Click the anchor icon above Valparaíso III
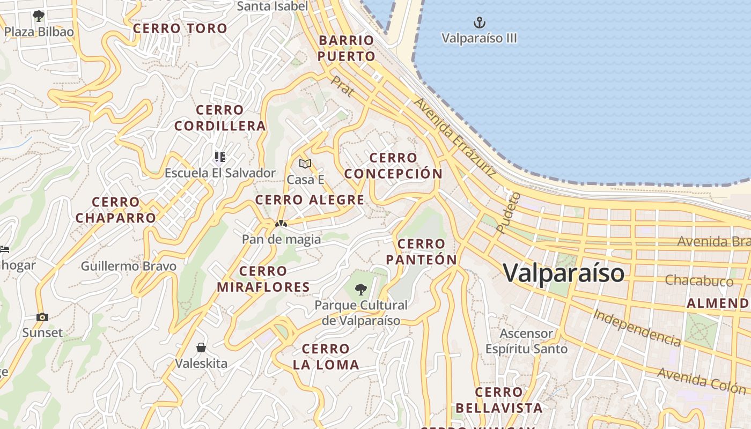pos(479,23)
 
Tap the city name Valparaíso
pos(564,273)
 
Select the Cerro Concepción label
pos(393,166)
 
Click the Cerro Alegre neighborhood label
pos(310,201)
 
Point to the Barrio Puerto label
pos(346,48)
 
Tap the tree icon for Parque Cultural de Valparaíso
pos(361,290)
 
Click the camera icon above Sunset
pos(42,317)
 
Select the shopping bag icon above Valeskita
pos(201,347)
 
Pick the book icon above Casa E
pos(305,164)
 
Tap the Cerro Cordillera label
pos(220,118)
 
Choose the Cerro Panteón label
pos(421,252)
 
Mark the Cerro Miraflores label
pos(263,279)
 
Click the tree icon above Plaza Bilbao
pos(38,16)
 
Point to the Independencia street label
pos(637,327)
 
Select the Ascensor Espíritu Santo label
pos(526,341)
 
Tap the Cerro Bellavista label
pos(499,400)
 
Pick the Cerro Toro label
pos(180,28)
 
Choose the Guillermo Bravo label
pos(129,266)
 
